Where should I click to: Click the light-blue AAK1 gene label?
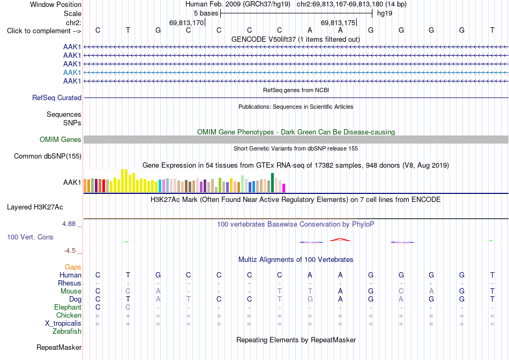72,72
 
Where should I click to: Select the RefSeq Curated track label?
57,97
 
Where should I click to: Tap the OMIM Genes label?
61,140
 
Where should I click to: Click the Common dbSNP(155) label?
48,156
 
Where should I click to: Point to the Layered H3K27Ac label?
35,207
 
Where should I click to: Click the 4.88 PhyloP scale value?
69,224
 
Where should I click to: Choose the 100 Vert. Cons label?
30,237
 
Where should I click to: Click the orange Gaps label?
73,267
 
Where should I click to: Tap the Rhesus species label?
70,283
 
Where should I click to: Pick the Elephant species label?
68,307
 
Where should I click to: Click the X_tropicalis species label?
63,324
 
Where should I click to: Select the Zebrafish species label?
67,332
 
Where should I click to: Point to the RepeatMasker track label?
59,347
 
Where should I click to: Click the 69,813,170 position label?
186,22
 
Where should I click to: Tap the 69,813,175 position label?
338,22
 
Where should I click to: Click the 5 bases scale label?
206,13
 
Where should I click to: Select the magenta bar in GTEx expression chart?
284,188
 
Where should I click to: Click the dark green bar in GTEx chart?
272,183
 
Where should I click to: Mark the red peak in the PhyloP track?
340,239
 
